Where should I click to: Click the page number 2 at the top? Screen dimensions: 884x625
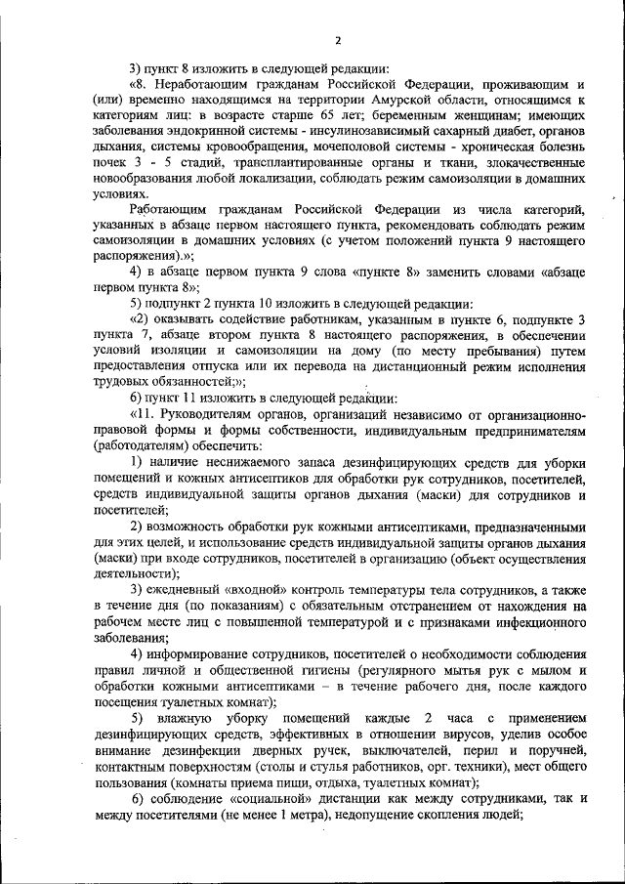pos(337,40)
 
